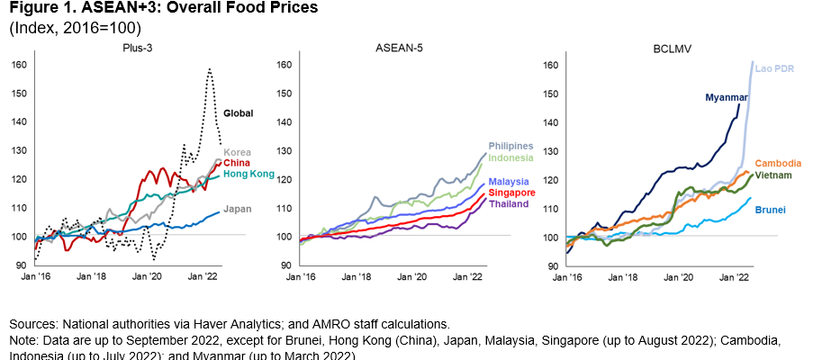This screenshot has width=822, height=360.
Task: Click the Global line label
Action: coord(239,112)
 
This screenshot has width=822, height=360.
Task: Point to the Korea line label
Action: coord(238,152)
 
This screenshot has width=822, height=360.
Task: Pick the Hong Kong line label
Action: coord(248,174)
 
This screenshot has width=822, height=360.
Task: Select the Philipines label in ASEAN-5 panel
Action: coord(511,146)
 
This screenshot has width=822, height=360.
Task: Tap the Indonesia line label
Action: coord(511,157)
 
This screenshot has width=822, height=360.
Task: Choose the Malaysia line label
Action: coord(510,182)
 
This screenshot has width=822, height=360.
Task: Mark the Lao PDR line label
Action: coord(773,67)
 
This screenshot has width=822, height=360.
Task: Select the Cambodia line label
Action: coord(777,163)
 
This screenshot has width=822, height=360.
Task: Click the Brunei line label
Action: coord(770,210)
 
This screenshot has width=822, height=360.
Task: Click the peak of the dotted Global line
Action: coord(209,68)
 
